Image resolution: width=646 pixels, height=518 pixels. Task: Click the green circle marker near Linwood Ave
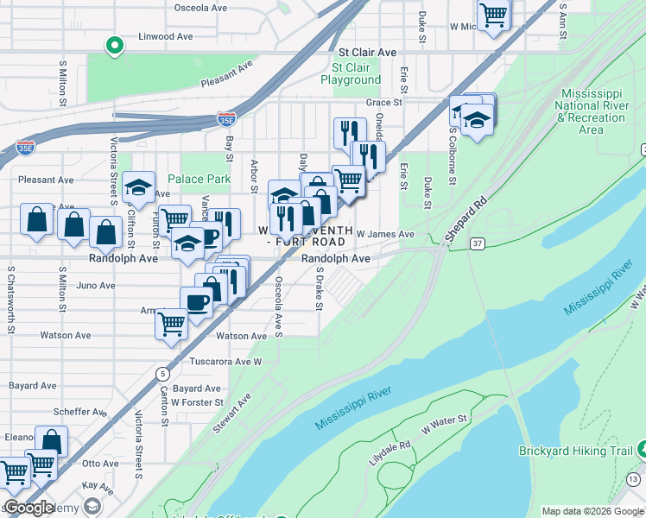pyautogui.click(x=113, y=46)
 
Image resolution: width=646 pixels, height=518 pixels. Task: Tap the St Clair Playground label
pyautogui.click(x=351, y=73)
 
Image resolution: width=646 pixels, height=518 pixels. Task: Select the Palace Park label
pyautogui.click(x=199, y=179)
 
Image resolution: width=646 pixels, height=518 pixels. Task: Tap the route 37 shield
pyautogui.click(x=477, y=245)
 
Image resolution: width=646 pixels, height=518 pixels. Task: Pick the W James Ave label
pyautogui.click(x=385, y=234)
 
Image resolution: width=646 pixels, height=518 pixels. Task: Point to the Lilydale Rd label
pyautogui.click(x=389, y=451)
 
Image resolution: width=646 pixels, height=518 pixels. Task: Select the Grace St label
pyautogui.click(x=384, y=102)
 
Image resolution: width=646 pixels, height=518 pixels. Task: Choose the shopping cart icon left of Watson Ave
pyautogui.click(x=171, y=325)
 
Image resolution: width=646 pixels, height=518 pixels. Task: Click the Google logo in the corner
pyautogui.click(x=28, y=508)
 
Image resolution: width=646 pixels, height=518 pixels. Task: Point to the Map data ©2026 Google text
pyautogui.click(x=592, y=511)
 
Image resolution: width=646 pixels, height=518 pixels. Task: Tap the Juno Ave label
pyautogui.click(x=96, y=285)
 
